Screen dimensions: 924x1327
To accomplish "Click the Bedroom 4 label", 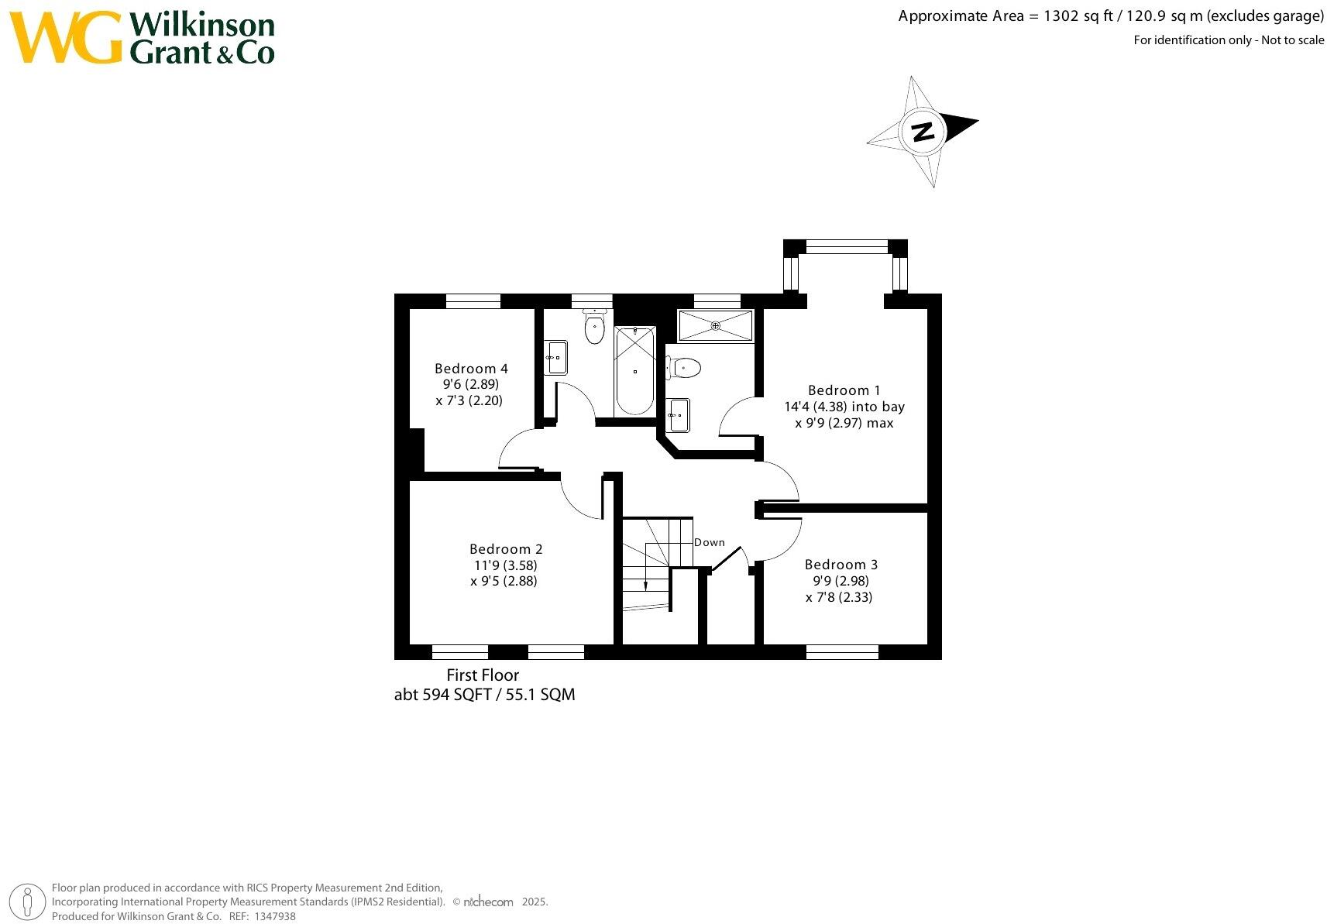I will [471, 369].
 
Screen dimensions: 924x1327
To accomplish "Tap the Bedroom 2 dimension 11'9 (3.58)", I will [506, 565].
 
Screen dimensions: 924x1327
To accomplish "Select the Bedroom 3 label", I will [841, 565].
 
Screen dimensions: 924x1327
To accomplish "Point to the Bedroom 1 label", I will [844, 390].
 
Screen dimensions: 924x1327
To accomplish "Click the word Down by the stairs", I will [709, 542].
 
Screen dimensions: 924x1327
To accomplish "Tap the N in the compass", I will [922, 132].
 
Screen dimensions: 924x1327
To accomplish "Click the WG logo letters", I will [67, 38].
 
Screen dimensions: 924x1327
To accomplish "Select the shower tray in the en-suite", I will [715, 325].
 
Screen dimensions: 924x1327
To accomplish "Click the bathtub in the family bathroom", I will [634, 371].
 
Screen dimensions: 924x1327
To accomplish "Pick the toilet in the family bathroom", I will [594, 327].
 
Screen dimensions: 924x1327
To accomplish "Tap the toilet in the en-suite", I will [684, 367].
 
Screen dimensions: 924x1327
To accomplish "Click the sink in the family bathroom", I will [555, 358].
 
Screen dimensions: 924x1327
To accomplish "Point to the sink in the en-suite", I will [678, 416].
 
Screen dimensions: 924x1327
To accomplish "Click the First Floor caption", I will [483, 675].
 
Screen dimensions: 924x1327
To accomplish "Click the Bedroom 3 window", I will [842, 652].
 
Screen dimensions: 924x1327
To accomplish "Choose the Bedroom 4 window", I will [473, 301].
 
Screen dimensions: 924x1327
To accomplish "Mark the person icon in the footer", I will [28, 902].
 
